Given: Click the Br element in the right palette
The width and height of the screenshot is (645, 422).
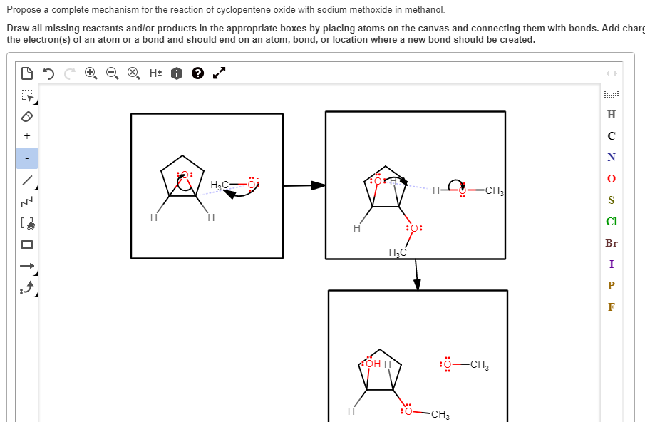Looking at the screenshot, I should [611, 243].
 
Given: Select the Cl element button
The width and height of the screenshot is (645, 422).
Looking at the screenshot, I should [611, 222].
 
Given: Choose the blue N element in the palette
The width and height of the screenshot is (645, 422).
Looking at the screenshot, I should [611, 157].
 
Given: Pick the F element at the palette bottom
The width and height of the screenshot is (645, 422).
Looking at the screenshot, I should [611, 307].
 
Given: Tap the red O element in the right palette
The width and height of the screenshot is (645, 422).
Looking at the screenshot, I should [611, 178].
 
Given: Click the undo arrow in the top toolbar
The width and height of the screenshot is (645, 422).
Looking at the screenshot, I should [48, 73].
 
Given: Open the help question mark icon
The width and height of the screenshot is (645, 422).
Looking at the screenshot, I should [197, 73].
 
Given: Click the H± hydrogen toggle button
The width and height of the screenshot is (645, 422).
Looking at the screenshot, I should [155, 73].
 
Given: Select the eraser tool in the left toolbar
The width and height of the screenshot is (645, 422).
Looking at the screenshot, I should [26, 115].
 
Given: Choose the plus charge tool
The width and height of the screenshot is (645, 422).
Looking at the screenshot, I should [26, 136].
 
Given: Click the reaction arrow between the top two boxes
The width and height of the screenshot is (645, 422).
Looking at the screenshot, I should [304, 186].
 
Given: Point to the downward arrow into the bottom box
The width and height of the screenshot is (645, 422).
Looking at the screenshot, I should [417, 274].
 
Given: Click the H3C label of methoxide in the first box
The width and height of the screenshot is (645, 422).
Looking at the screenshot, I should [220, 185].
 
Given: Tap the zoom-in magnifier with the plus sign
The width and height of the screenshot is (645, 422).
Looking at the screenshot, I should [91, 73].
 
